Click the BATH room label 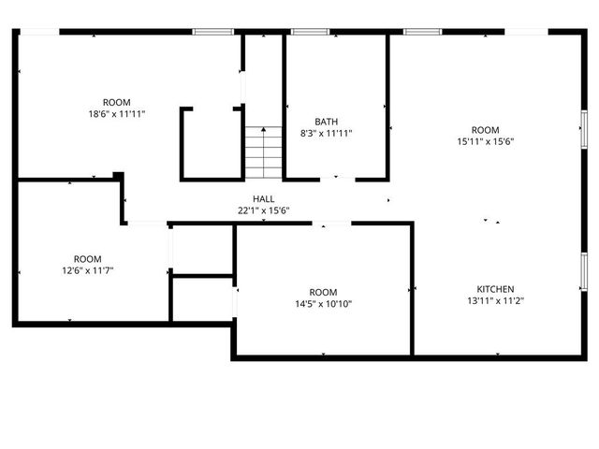click(x=327, y=122)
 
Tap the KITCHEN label click(x=495, y=289)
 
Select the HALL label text click(x=263, y=199)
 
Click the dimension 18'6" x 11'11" click(x=117, y=114)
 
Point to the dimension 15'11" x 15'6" click(x=485, y=141)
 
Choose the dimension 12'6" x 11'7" click(x=87, y=270)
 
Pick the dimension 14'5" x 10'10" click(x=323, y=303)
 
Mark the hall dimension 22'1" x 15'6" click(x=263, y=210)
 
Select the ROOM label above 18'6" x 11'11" click(x=117, y=102)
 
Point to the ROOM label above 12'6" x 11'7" click(x=87, y=259)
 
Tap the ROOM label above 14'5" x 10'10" click(x=323, y=291)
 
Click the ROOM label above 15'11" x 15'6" click(x=485, y=130)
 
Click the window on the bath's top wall click(x=310, y=32)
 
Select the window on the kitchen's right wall click(x=582, y=270)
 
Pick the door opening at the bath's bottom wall click(x=338, y=179)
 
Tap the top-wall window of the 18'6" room click(x=212, y=32)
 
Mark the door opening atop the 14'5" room click(x=332, y=223)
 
